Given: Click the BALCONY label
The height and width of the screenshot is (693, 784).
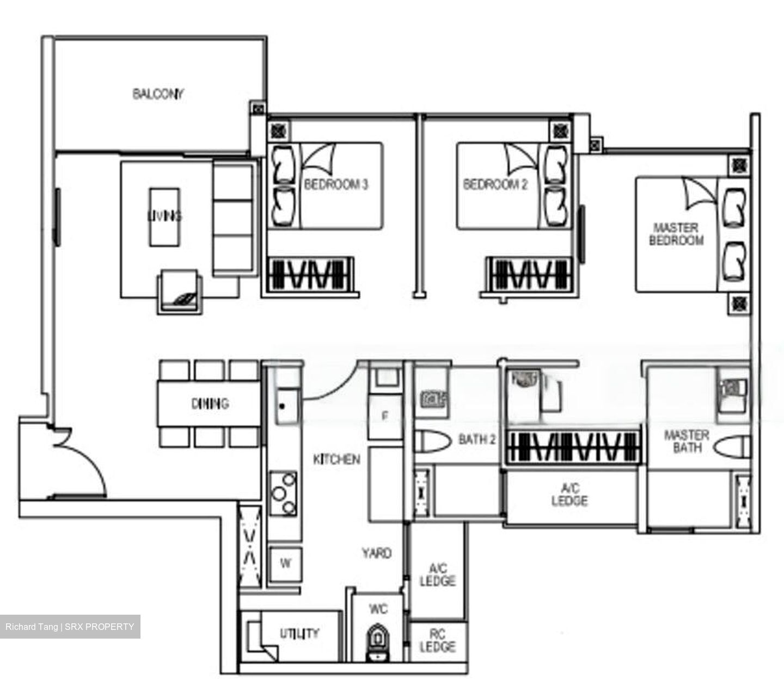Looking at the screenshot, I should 158,94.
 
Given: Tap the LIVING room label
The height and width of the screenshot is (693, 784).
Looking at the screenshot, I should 164,216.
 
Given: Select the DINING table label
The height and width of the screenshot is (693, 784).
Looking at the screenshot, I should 210,404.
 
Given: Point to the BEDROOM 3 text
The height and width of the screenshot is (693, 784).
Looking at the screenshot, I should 336,184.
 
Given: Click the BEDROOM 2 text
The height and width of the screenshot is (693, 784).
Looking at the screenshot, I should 495,184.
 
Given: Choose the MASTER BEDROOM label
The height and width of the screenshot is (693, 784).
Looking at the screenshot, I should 676,234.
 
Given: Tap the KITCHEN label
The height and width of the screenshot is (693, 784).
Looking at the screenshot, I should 336,459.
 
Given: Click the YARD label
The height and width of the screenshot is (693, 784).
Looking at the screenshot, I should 377,553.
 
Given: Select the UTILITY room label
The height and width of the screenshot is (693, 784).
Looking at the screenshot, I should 299,633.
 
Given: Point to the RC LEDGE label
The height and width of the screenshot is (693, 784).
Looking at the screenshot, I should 438,640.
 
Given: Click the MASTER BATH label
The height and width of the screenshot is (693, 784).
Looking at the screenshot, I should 686,441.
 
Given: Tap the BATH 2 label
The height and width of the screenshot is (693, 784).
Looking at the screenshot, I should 477,439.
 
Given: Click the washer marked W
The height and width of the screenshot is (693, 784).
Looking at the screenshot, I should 285,564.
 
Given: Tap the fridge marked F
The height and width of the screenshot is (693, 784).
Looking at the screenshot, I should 385,417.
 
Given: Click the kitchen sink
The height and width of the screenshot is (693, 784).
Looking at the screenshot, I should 286,405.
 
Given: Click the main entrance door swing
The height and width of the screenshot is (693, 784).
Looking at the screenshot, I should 82,462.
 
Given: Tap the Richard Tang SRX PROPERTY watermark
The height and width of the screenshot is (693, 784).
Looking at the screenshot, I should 70,627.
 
